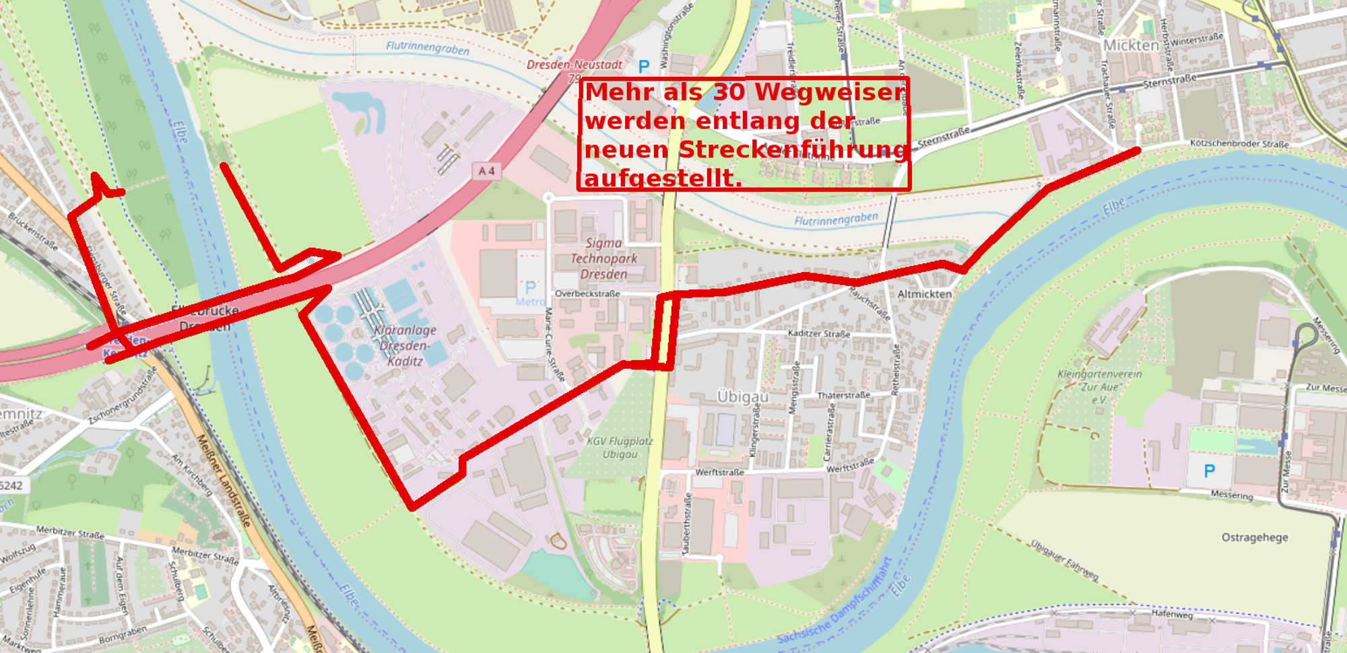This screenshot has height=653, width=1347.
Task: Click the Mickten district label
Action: tap(1131, 45)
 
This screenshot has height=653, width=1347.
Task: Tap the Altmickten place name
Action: tap(924, 294)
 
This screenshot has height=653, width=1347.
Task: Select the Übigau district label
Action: tap(742, 397)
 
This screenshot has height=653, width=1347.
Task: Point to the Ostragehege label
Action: tap(1254, 537)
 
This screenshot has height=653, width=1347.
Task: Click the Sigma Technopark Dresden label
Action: tap(603, 259)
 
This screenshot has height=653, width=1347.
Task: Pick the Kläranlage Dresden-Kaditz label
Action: tap(405, 345)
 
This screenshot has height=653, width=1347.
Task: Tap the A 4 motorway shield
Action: tap(486, 171)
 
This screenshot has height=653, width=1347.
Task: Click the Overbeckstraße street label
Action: tap(587, 294)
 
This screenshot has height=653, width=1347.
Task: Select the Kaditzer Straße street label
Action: tap(818, 333)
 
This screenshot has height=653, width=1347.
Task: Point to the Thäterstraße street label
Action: tap(843, 395)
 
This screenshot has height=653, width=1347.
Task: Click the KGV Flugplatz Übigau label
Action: tap(620, 448)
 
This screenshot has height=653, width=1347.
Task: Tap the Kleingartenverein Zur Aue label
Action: tap(1099, 386)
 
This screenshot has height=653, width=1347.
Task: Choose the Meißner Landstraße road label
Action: tap(224, 480)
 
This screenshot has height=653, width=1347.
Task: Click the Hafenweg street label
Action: tap(1171, 614)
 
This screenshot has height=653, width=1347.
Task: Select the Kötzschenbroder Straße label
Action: tap(1239, 143)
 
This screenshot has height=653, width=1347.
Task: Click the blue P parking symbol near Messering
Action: tap(1209, 471)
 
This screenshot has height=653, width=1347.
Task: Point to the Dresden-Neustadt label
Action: tap(574, 65)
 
